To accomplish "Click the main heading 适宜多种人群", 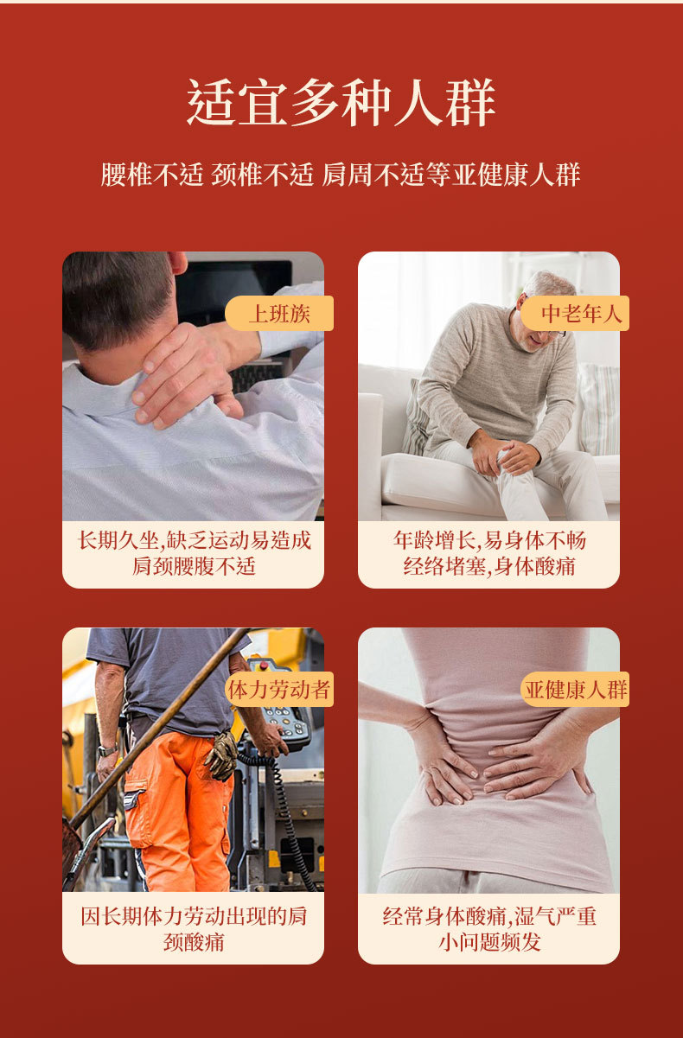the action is click(x=341, y=102).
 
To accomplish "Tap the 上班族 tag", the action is click(x=279, y=313).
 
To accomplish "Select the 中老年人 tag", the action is click(x=575, y=313).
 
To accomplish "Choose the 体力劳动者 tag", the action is click(x=279, y=689).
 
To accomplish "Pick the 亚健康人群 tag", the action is click(x=575, y=689).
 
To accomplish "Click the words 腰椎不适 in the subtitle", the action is click(x=152, y=175).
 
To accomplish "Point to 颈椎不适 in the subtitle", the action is click(x=263, y=175).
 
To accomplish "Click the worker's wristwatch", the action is click(x=107, y=750).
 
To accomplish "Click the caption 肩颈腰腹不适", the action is click(x=194, y=566).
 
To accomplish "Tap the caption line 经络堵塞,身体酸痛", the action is click(x=489, y=566).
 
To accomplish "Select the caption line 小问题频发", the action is click(x=489, y=942).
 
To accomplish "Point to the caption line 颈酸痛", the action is click(x=194, y=942).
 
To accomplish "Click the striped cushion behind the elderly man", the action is click(x=598, y=409).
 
